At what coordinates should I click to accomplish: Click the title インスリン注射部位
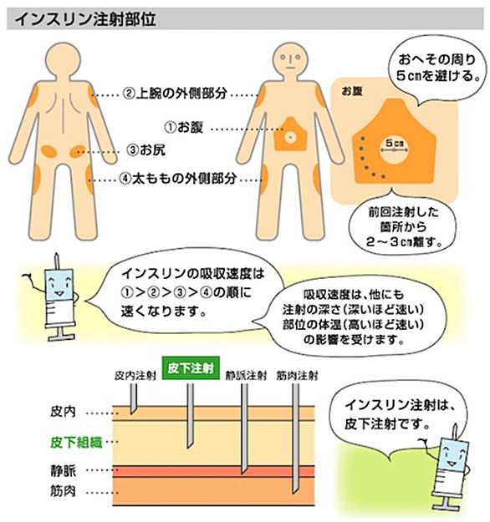(85, 19)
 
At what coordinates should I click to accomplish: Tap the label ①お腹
(184, 127)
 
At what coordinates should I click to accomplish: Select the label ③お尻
(146, 150)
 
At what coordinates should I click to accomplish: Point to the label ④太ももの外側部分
(177, 179)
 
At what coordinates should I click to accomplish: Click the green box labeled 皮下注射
(191, 368)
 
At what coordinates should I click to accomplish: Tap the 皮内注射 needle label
(135, 376)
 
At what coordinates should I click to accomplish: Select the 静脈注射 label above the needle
(246, 376)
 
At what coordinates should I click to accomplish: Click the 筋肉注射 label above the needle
(297, 376)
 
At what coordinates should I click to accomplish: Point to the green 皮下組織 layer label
(76, 443)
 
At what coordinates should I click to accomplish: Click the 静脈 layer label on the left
(64, 471)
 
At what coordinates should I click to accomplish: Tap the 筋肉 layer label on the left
(64, 491)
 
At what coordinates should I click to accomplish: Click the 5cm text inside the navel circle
(395, 143)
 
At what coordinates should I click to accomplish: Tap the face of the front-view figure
(290, 60)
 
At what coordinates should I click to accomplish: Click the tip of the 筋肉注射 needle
(293, 493)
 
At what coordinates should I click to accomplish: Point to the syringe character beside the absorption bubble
(57, 297)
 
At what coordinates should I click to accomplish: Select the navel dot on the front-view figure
(289, 136)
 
